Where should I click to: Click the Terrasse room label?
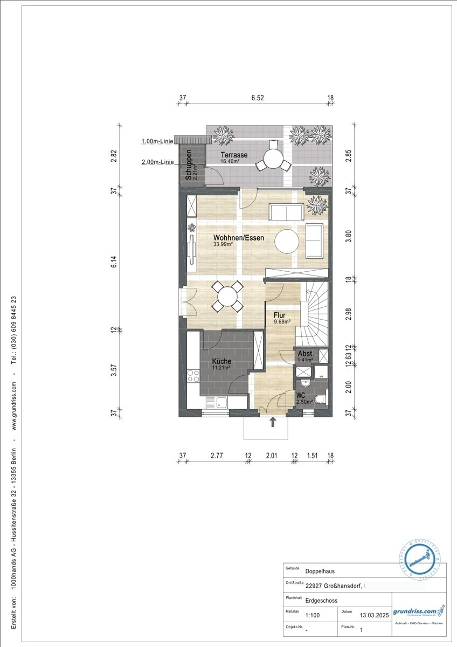233,155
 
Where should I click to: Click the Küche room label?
221,361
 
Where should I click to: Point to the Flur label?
279,315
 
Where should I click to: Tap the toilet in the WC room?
321,399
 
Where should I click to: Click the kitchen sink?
220,402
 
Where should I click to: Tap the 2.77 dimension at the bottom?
217,456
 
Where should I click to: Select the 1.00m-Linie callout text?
157,141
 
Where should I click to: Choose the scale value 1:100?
312,615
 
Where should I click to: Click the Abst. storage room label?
305,354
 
